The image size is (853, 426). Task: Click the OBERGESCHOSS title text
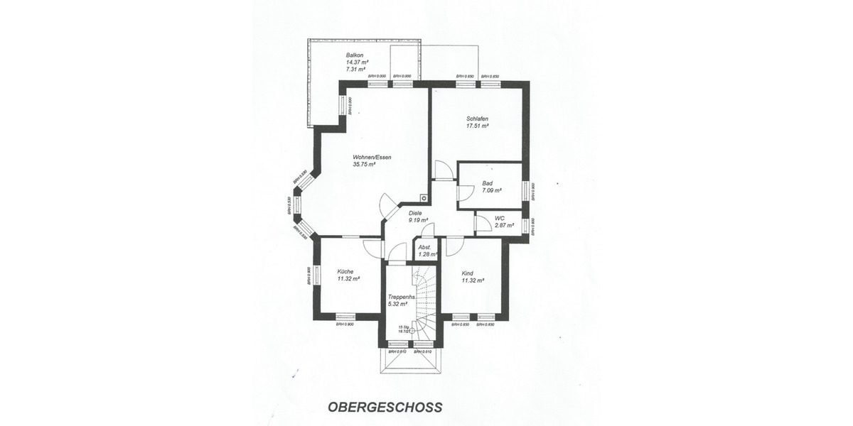(385, 408)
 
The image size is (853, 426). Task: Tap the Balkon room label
(355, 55)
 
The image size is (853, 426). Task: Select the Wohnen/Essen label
(372, 157)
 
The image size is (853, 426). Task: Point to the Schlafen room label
(477, 119)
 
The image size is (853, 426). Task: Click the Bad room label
(487, 183)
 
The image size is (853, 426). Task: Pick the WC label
(499, 218)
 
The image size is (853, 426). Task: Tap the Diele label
(415, 213)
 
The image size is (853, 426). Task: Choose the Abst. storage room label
(424, 247)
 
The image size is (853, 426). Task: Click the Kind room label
(468, 273)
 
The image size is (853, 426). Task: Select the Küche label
(345, 271)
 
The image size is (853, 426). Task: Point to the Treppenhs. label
(401, 297)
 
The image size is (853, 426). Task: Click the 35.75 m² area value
(363, 164)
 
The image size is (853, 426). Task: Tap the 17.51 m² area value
(477, 126)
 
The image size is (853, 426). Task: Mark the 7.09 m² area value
(492, 190)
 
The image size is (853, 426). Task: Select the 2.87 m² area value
(504, 225)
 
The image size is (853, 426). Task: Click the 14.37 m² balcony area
(356, 62)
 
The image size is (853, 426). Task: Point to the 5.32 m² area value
(397, 304)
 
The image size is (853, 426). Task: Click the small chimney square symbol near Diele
(424, 200)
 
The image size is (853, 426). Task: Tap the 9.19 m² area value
(418, 220)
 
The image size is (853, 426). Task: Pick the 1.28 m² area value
(426, 253)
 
